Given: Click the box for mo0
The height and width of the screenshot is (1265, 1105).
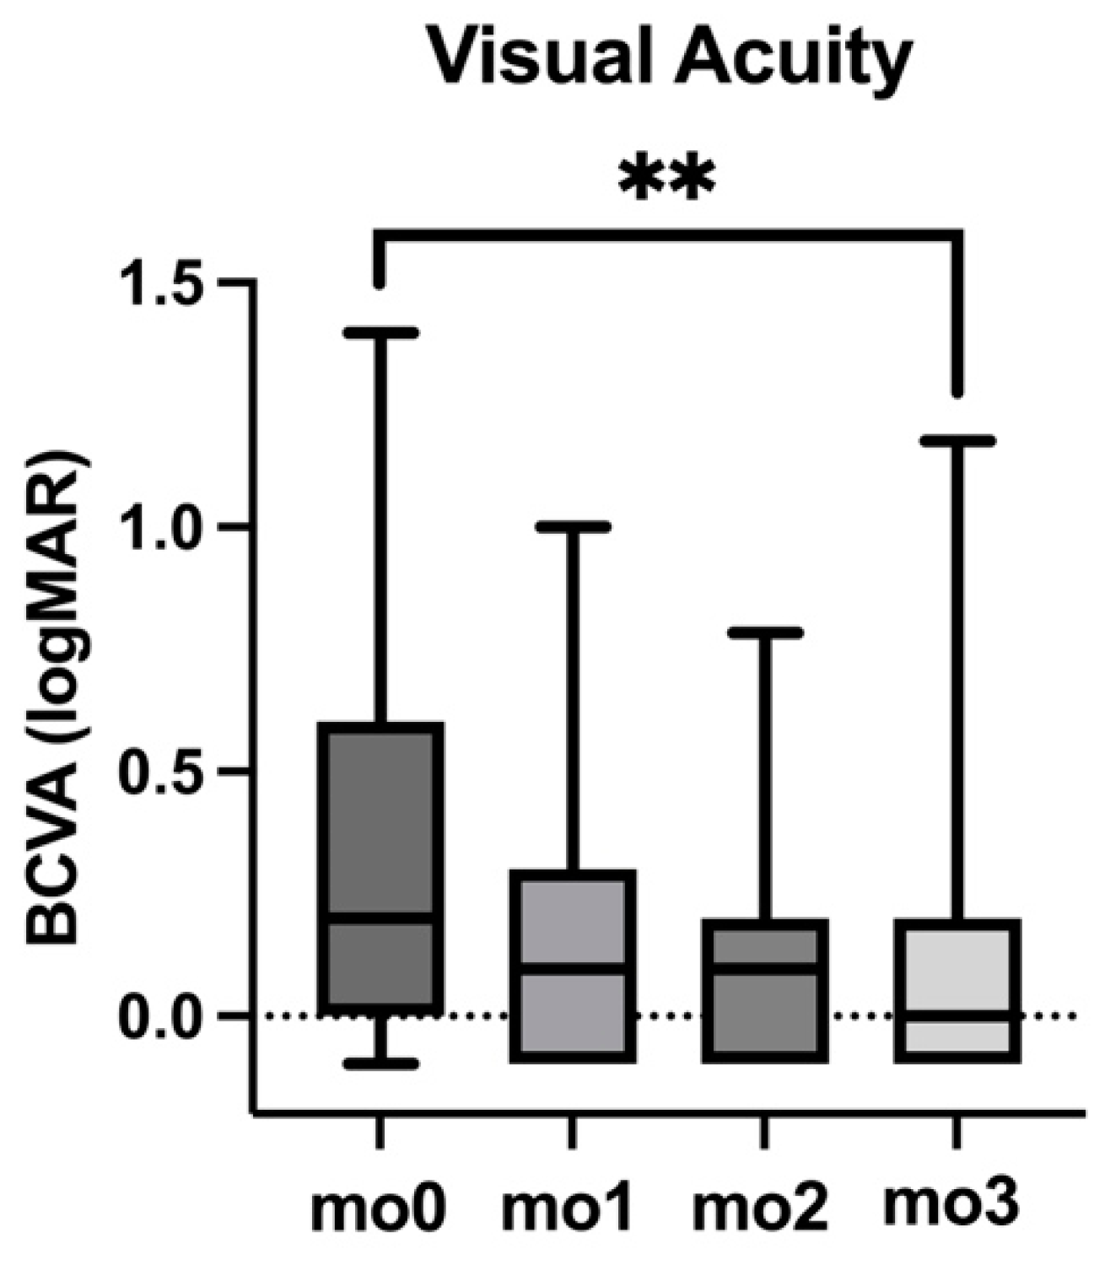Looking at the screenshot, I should pos(384,826).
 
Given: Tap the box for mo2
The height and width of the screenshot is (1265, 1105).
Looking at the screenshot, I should pos(767,1012).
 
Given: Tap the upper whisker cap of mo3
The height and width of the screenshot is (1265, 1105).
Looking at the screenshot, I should pos(958,441).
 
